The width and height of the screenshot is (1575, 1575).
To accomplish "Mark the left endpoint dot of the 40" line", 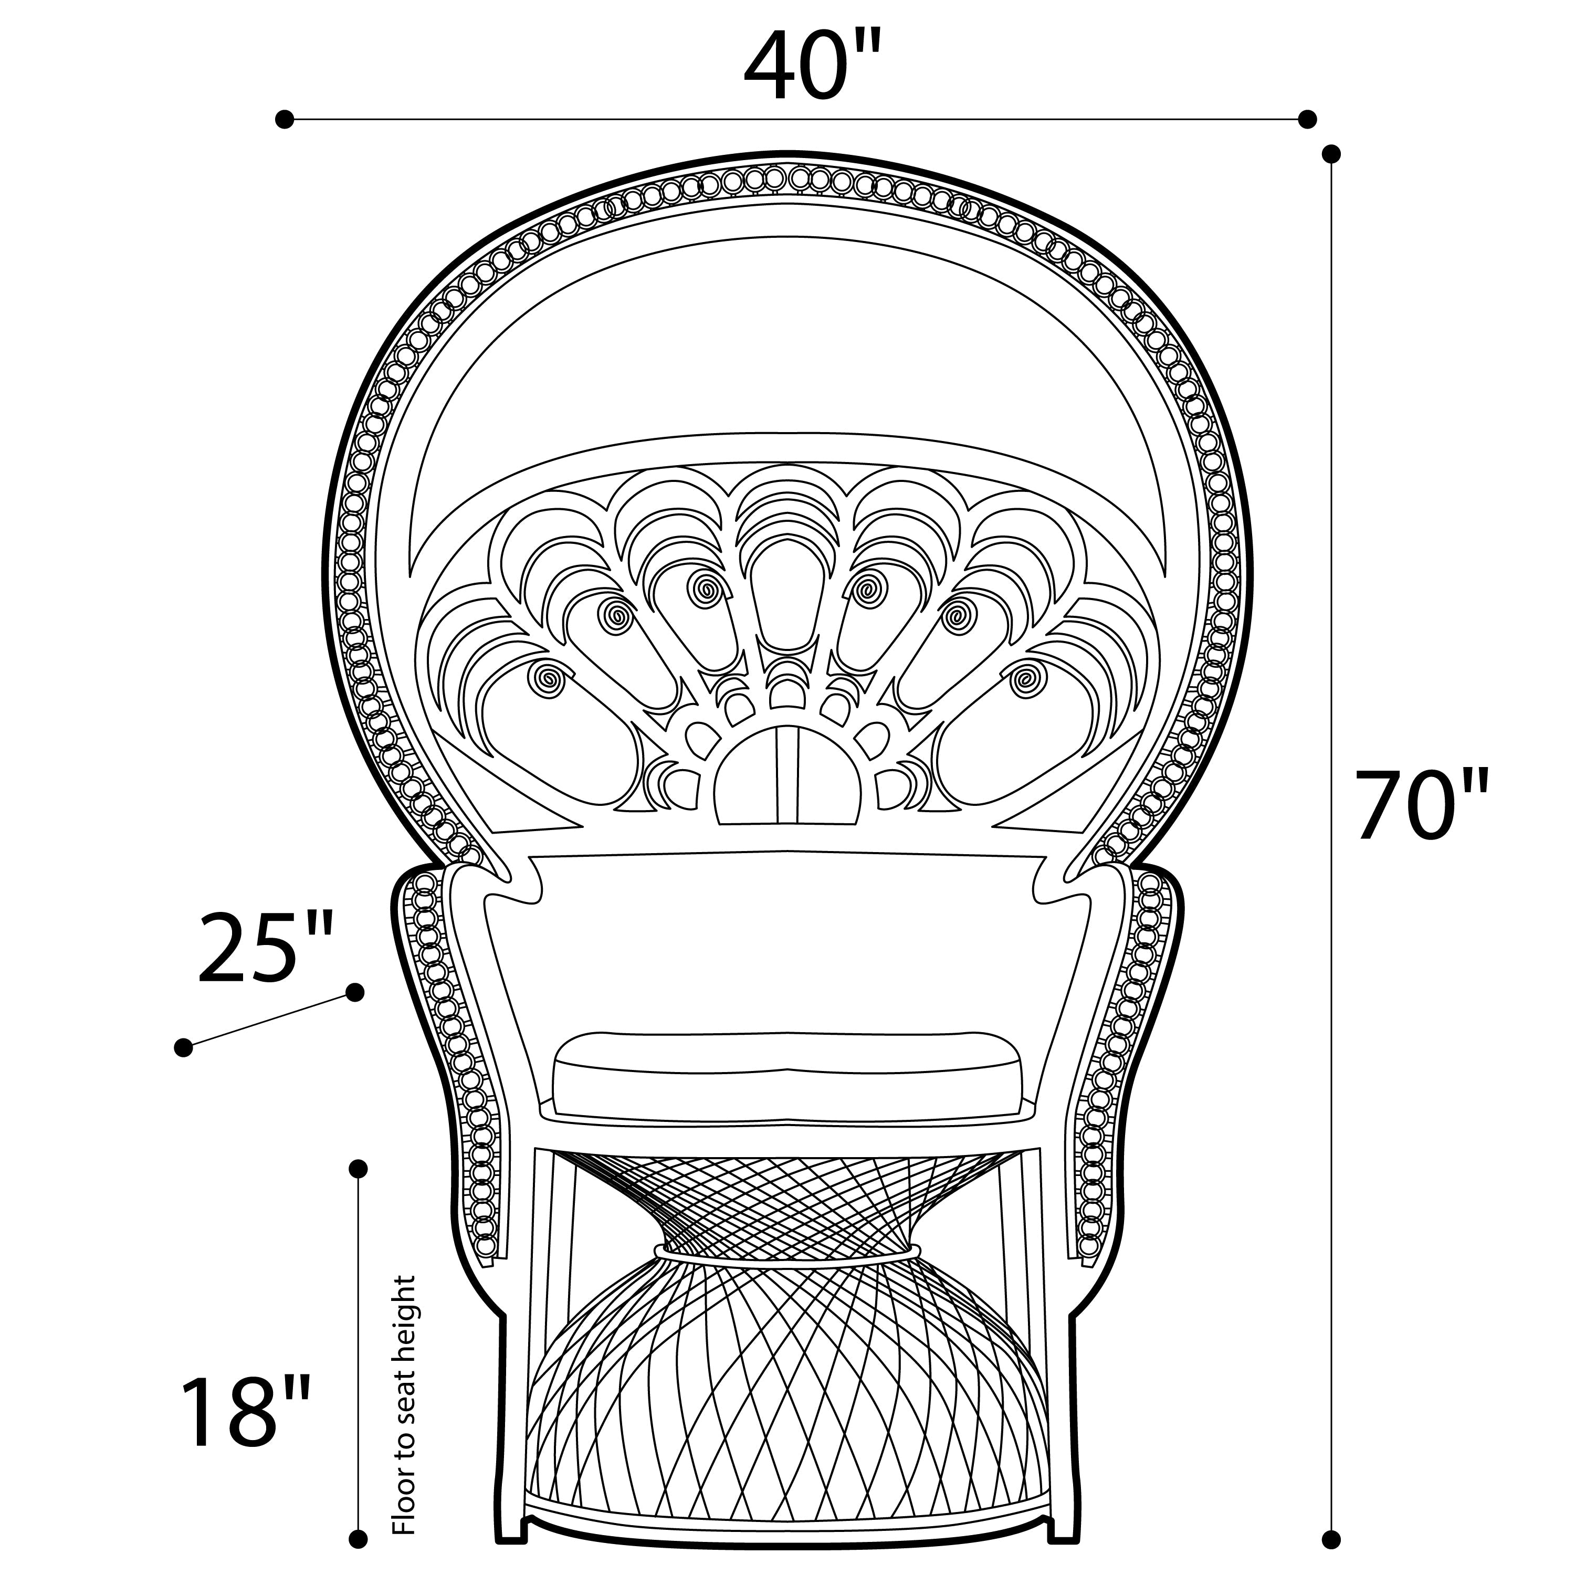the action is tap(283, 119).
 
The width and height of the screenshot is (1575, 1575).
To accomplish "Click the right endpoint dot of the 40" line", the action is tap(1307, 119).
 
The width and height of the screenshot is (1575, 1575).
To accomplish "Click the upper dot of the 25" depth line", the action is tap(354, 992).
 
